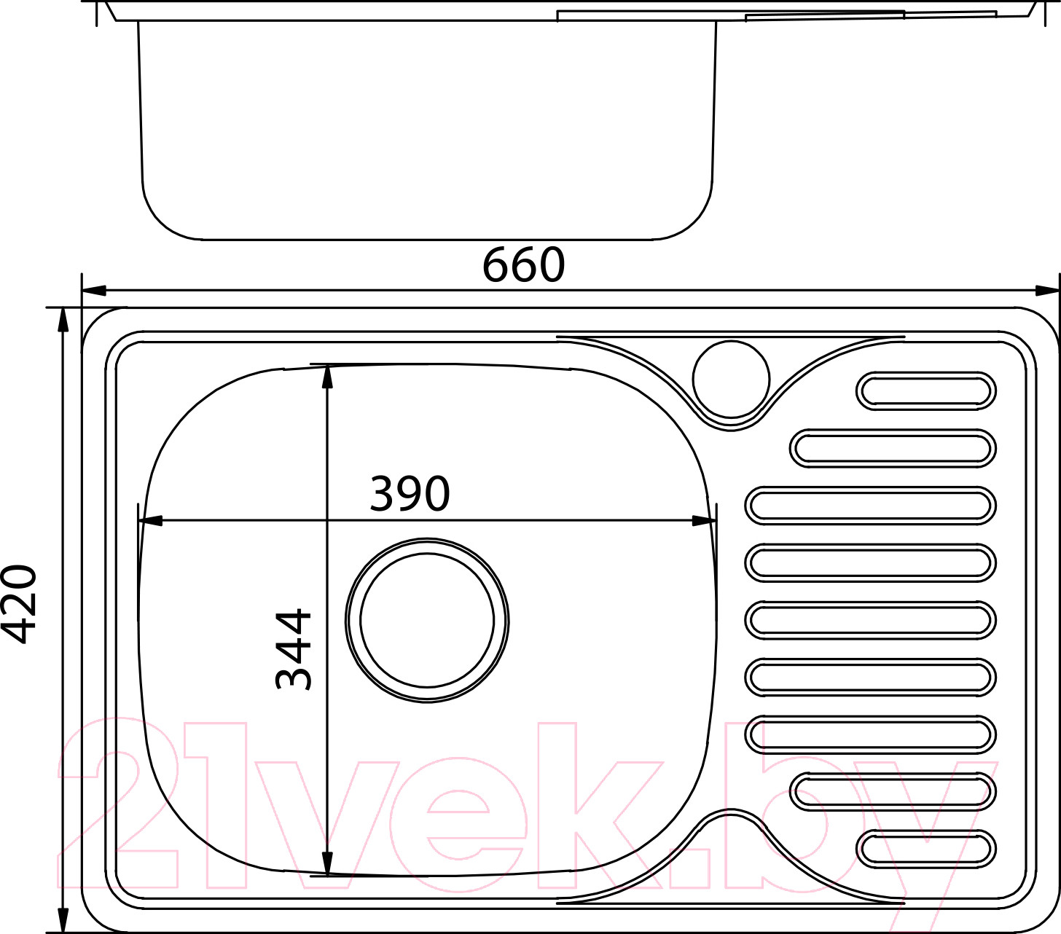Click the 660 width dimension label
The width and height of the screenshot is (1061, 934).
pos(523,264)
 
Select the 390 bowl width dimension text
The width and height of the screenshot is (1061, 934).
pos(410,492)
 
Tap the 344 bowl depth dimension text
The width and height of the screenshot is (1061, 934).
pos(293,649)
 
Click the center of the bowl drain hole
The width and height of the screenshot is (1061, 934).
pos(427,620)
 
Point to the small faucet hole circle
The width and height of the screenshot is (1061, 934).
pos(731,379)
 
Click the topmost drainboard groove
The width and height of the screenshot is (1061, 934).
pos(926,391)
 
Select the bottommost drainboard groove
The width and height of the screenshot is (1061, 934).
pos(926,849)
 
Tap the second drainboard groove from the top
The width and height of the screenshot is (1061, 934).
pos(893,448)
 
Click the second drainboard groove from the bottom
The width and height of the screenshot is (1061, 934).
pos(893,792)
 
